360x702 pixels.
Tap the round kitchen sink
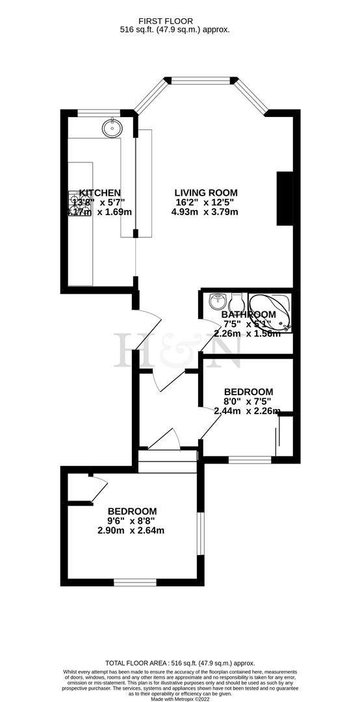pos(112,128)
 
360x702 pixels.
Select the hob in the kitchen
pos(79,202)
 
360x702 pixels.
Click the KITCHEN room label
pos(99,192)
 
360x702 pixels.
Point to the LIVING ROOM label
pos(206,192)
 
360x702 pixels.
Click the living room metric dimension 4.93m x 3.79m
pos(206,212)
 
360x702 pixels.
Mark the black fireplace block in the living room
pos(285,199)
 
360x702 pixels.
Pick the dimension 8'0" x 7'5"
pos(248,401)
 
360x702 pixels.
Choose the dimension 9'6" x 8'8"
pos(132,521)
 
